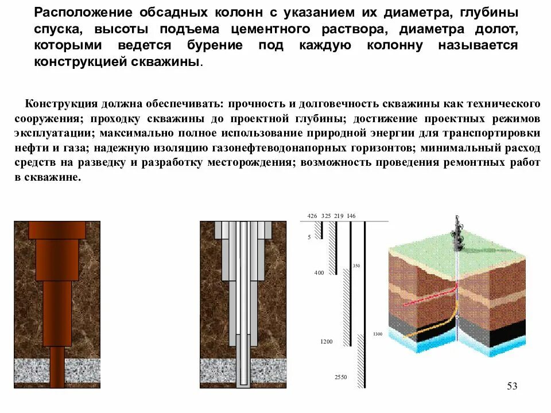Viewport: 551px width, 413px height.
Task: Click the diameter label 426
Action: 312,216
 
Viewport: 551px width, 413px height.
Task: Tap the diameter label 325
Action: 326,216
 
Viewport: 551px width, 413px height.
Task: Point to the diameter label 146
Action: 351,216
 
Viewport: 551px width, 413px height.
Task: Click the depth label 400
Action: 319,272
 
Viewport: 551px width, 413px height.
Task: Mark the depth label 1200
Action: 326,342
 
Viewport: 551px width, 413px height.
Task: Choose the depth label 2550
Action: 341,377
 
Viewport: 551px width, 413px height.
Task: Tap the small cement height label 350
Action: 356,266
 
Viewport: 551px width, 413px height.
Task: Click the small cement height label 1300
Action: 377,334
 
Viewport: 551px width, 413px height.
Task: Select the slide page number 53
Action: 512,386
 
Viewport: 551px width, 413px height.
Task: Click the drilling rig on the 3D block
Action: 457,235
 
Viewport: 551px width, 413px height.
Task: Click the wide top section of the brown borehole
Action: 57,229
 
